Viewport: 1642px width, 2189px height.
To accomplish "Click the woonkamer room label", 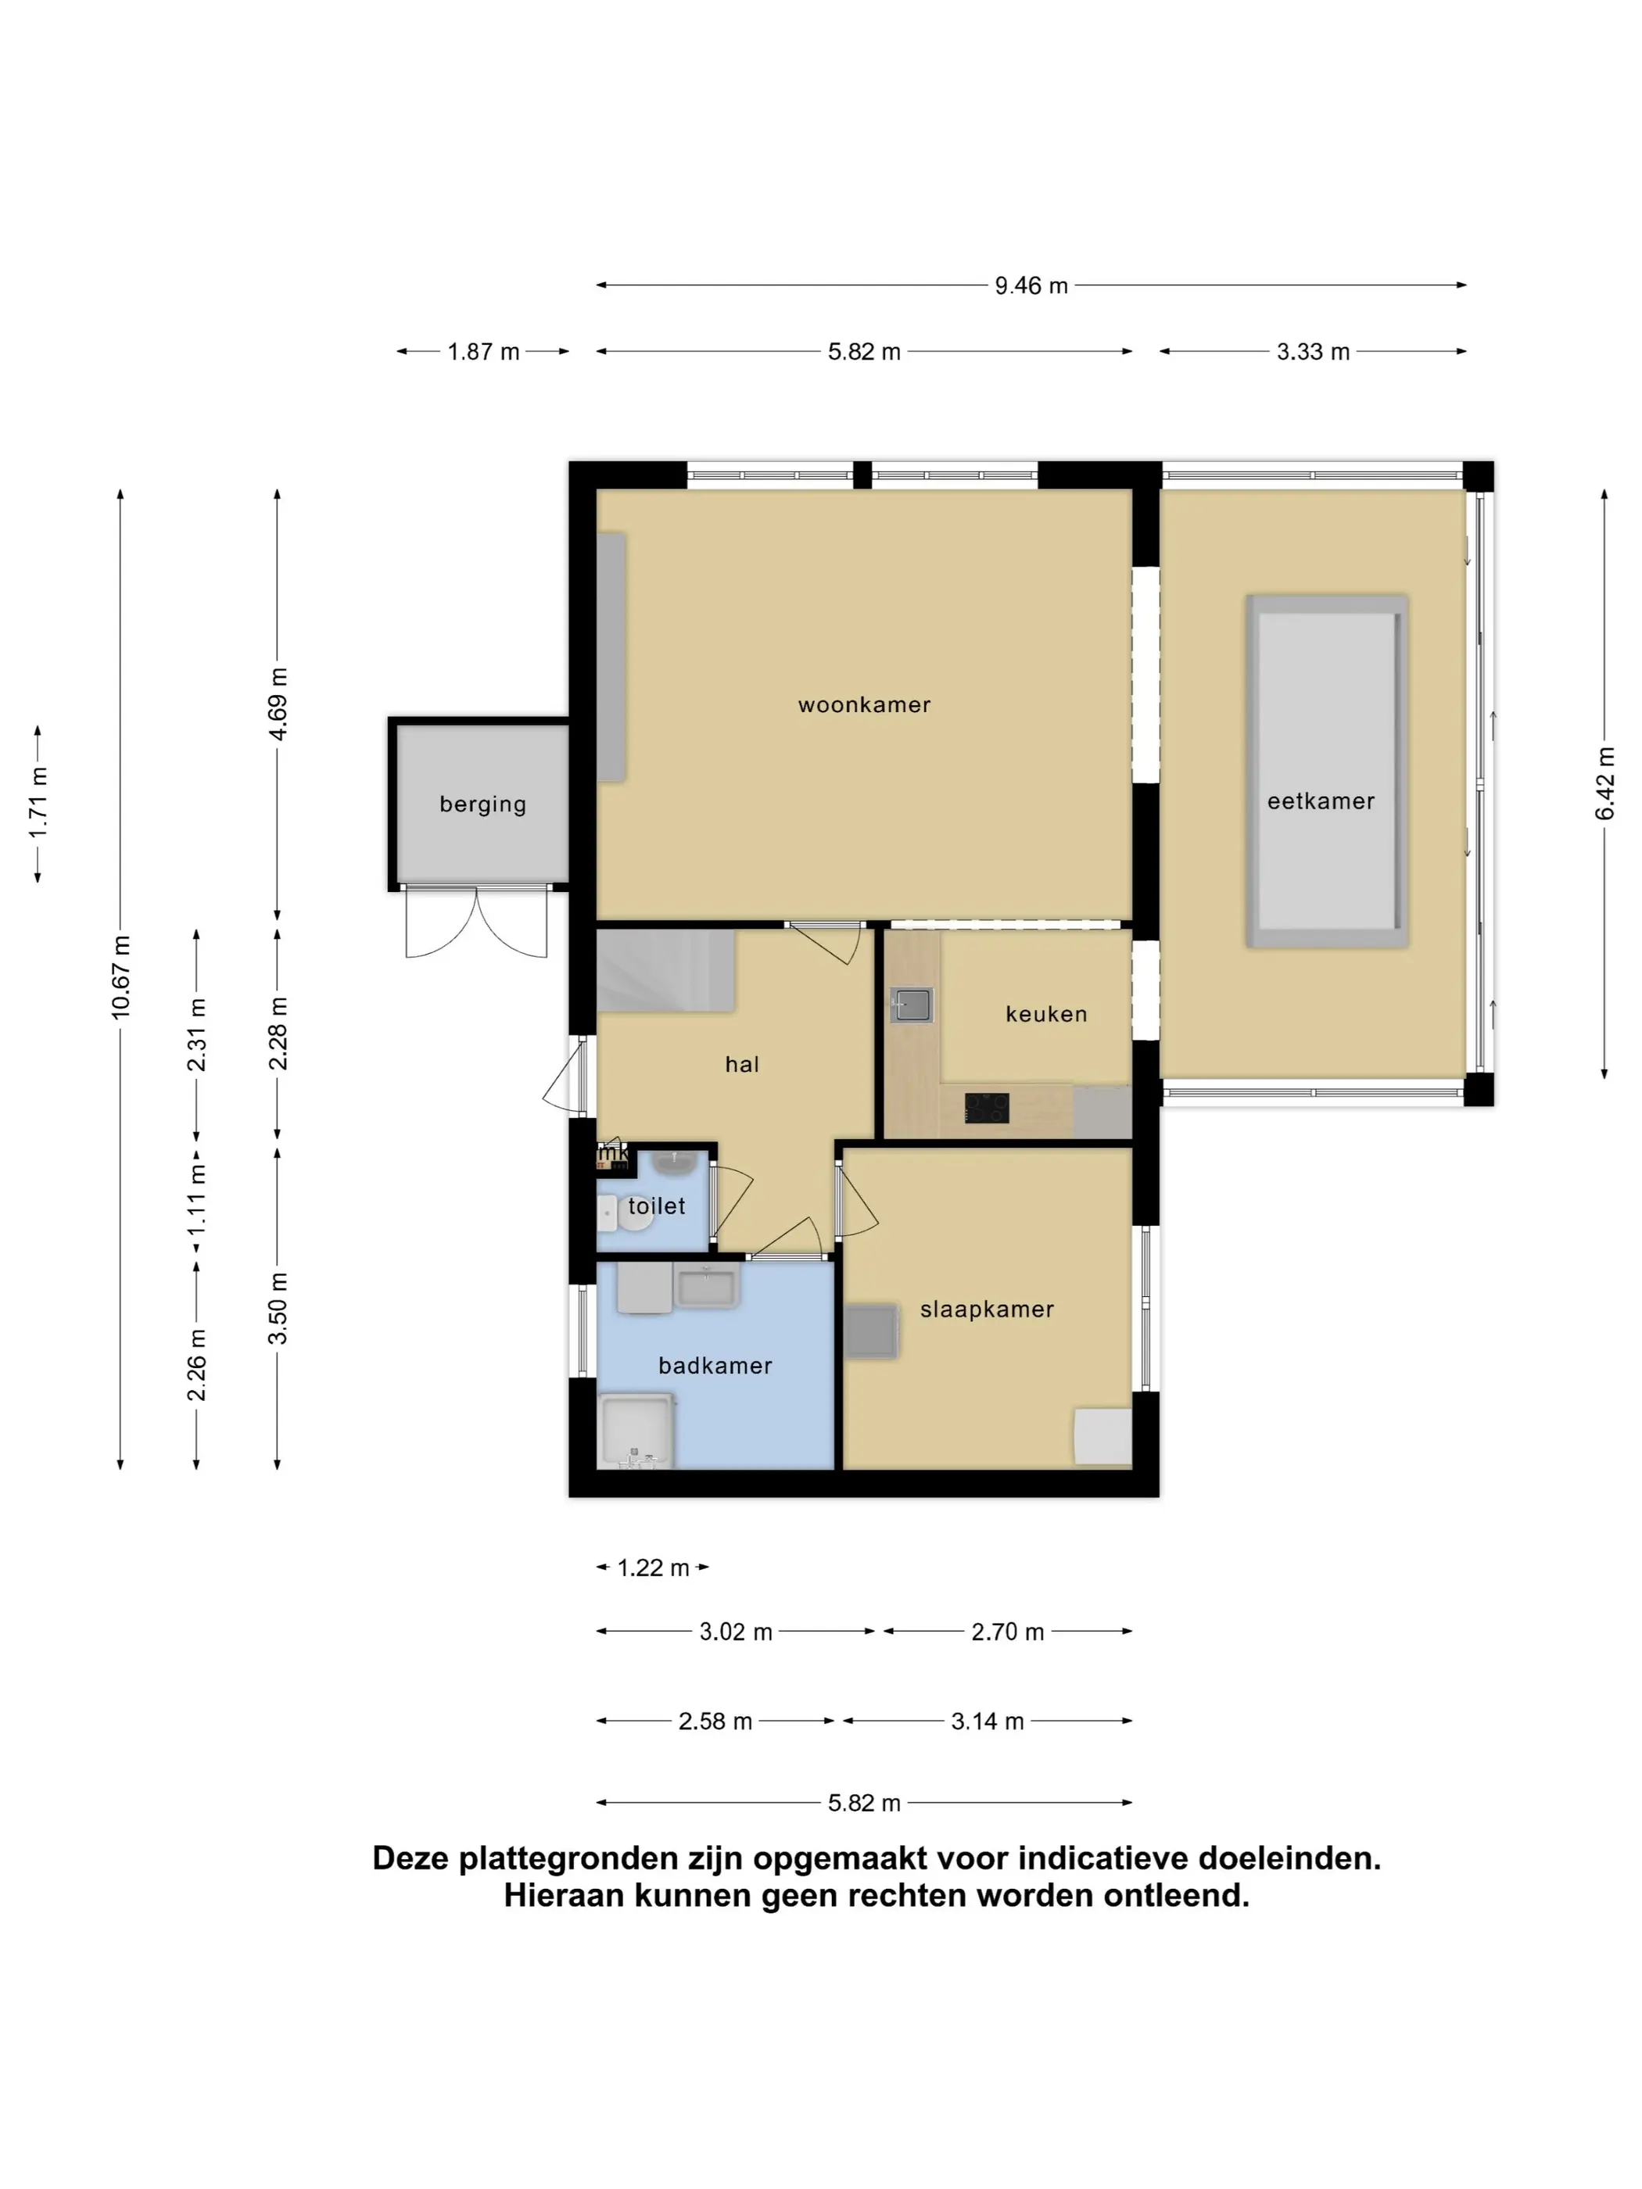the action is (864, 704).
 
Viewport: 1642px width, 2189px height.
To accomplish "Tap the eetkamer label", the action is (1321, 801).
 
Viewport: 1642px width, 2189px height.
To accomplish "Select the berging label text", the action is (483, 804).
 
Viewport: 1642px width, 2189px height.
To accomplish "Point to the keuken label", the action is (1046, 1013).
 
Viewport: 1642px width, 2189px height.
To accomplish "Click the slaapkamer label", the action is (987, 1309).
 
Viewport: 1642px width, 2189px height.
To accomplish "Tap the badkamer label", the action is (715, 1366).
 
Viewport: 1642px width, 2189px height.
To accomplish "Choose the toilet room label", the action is (656, 1206).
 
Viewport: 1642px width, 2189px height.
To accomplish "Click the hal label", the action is (741, 1064).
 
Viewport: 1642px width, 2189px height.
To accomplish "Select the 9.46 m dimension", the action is (1031, 285).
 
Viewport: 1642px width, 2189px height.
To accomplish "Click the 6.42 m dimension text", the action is (1604, 784).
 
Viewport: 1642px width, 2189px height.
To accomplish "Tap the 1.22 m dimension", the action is (653, 1567).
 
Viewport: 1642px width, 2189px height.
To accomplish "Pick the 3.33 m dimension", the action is (1312, 351).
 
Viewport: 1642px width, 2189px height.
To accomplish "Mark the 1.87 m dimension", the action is (483, 351).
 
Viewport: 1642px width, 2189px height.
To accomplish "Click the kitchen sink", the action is (911, 1005).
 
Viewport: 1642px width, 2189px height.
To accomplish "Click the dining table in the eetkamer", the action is (1326, 771).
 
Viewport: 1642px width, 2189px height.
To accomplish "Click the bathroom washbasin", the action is (706, 1288).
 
